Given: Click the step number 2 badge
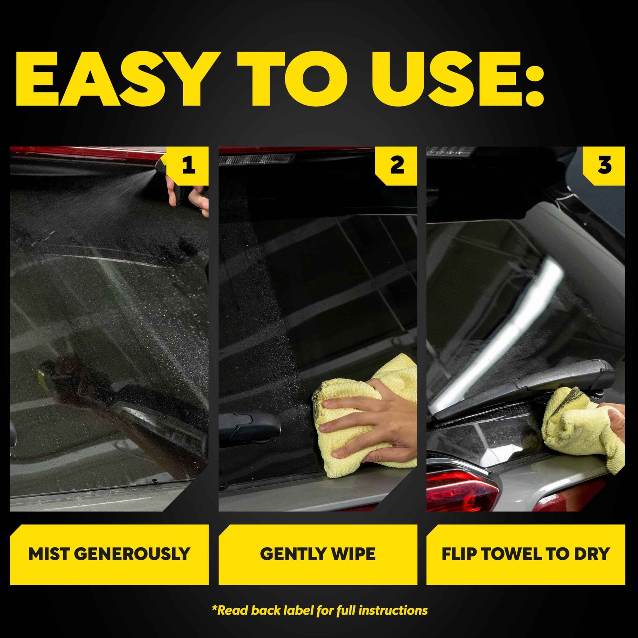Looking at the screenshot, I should tap(397, 165).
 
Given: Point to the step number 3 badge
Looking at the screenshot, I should tap(604, 165).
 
